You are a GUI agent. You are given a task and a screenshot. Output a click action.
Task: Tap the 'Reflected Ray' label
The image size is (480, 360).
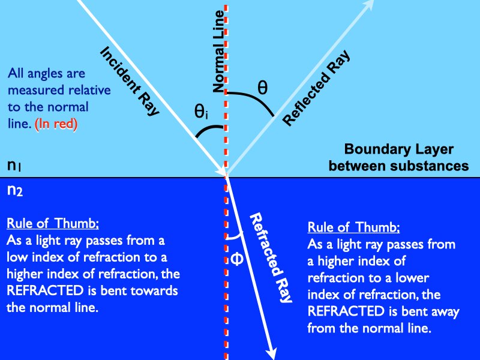(x=316, y=88)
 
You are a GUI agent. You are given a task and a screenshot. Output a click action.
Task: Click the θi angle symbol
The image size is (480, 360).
(x=201, y=112)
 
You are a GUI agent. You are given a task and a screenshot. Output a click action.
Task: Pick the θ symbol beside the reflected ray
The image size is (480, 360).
(x=262, y=87)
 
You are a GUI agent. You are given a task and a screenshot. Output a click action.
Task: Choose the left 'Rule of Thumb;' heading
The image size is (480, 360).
(x=53, y=224)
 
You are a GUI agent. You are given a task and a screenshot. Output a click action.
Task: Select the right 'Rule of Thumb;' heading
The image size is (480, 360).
(x=353, y=229)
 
